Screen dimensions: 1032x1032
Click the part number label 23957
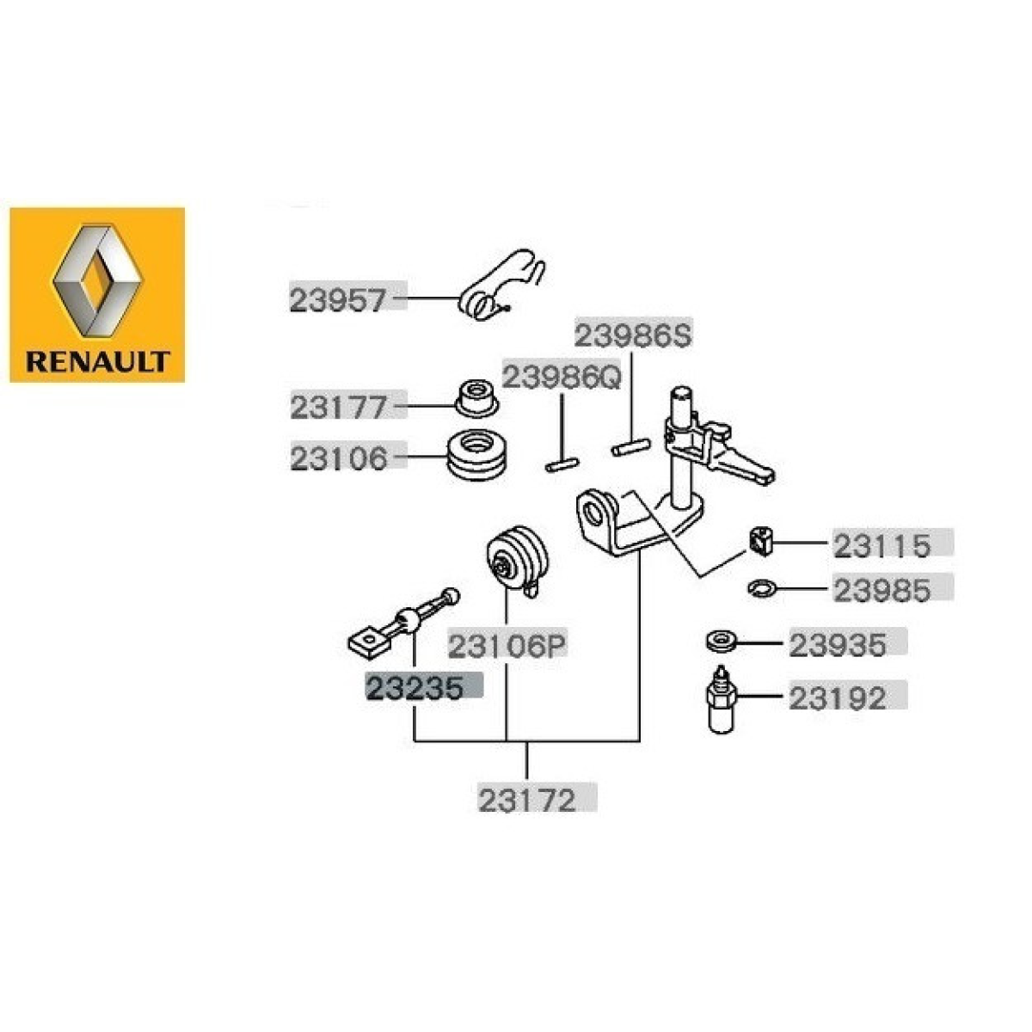338,300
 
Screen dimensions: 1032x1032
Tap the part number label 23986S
634,335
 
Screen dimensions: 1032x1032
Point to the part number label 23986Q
562,378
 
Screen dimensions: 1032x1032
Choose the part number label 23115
882,546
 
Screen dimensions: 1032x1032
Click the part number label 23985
882,590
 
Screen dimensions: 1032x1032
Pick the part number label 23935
838,645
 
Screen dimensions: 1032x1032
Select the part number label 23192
838,697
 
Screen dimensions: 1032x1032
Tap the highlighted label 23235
415,688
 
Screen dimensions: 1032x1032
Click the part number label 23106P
507,647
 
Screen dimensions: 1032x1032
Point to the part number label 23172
527,800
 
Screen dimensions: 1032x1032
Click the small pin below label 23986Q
562,465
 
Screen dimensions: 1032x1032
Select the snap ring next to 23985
762,588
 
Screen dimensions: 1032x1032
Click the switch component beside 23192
722,698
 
